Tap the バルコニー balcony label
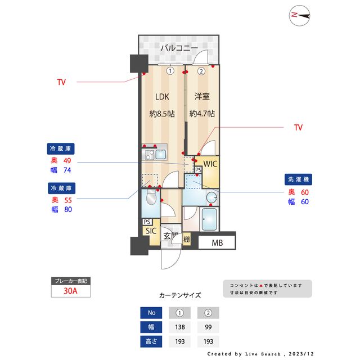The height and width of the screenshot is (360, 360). (x=178, y=48)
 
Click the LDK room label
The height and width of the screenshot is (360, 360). (x=162, y=96)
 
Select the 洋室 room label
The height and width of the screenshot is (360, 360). (x=202, y=96)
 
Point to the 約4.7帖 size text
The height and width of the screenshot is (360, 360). (x=202, y=113)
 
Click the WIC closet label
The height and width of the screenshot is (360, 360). (x=210, y=164)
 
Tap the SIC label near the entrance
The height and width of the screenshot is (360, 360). (x=151, y=231)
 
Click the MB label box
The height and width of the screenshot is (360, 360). (x=217, y=243)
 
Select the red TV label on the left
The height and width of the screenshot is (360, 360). (x=61, y=82)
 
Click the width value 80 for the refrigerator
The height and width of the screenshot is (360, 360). (x=69, y=209)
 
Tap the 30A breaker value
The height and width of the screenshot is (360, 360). (x=70, y=291)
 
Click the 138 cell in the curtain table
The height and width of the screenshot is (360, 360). (x=180, y=327)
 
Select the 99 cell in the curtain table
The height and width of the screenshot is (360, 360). (x=208, y=327)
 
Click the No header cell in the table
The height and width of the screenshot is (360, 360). (x=151, y=313)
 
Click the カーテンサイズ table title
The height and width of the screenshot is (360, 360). (x=180, y=295)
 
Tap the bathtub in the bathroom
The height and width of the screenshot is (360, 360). (x=209, y=219)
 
